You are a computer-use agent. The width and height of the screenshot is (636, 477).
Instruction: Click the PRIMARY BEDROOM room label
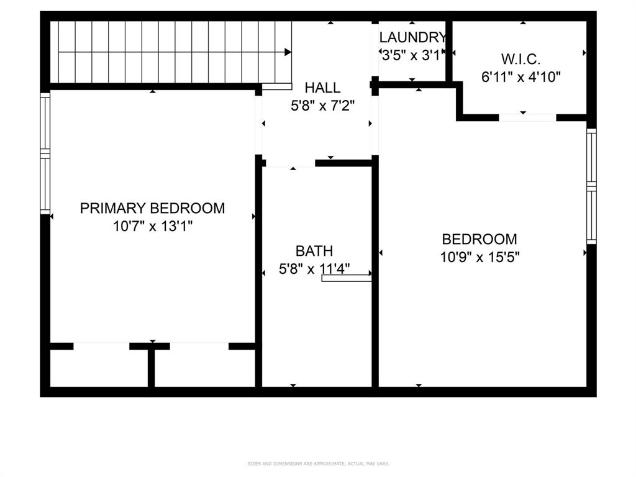(x=152, y=208)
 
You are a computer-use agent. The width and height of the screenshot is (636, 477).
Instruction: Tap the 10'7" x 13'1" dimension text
(x=152, y=227)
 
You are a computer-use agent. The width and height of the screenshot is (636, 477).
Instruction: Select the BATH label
(x=314, y=251)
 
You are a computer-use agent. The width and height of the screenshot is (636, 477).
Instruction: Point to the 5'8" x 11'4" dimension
(x=314, y=270)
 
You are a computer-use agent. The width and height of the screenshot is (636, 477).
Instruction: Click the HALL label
(x=322, y=88)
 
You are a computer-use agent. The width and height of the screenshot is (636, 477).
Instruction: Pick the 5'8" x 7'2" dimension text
(x=322, y=106)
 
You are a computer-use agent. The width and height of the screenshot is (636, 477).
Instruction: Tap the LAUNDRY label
(x=413, y=37)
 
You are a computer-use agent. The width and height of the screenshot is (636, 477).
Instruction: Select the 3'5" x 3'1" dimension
(x=413, y=55)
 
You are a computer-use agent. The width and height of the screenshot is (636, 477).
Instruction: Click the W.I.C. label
(x=521, y=60)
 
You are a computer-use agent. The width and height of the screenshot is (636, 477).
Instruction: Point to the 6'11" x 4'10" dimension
(x=521, y=78)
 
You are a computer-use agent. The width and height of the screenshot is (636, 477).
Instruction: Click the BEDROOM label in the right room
(x=479, y=239)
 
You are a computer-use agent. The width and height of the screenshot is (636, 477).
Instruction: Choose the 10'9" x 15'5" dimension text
(x=479, y=257)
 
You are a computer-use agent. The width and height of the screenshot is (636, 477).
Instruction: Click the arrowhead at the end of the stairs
(x=288, y=52)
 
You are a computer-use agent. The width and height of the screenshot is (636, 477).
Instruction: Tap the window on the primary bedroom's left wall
(x=45, y=153)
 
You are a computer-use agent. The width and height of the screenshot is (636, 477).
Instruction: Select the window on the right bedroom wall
(x=591, y=186)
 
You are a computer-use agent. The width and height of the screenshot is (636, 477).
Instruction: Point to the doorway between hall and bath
(x=291, y=163)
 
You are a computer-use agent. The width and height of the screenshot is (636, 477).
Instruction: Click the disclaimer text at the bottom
(x=318, y=463)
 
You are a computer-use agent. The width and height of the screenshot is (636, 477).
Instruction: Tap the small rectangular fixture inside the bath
(x=347, y=278)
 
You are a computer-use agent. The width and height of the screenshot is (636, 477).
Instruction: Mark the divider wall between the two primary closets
(x=151, y=368)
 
